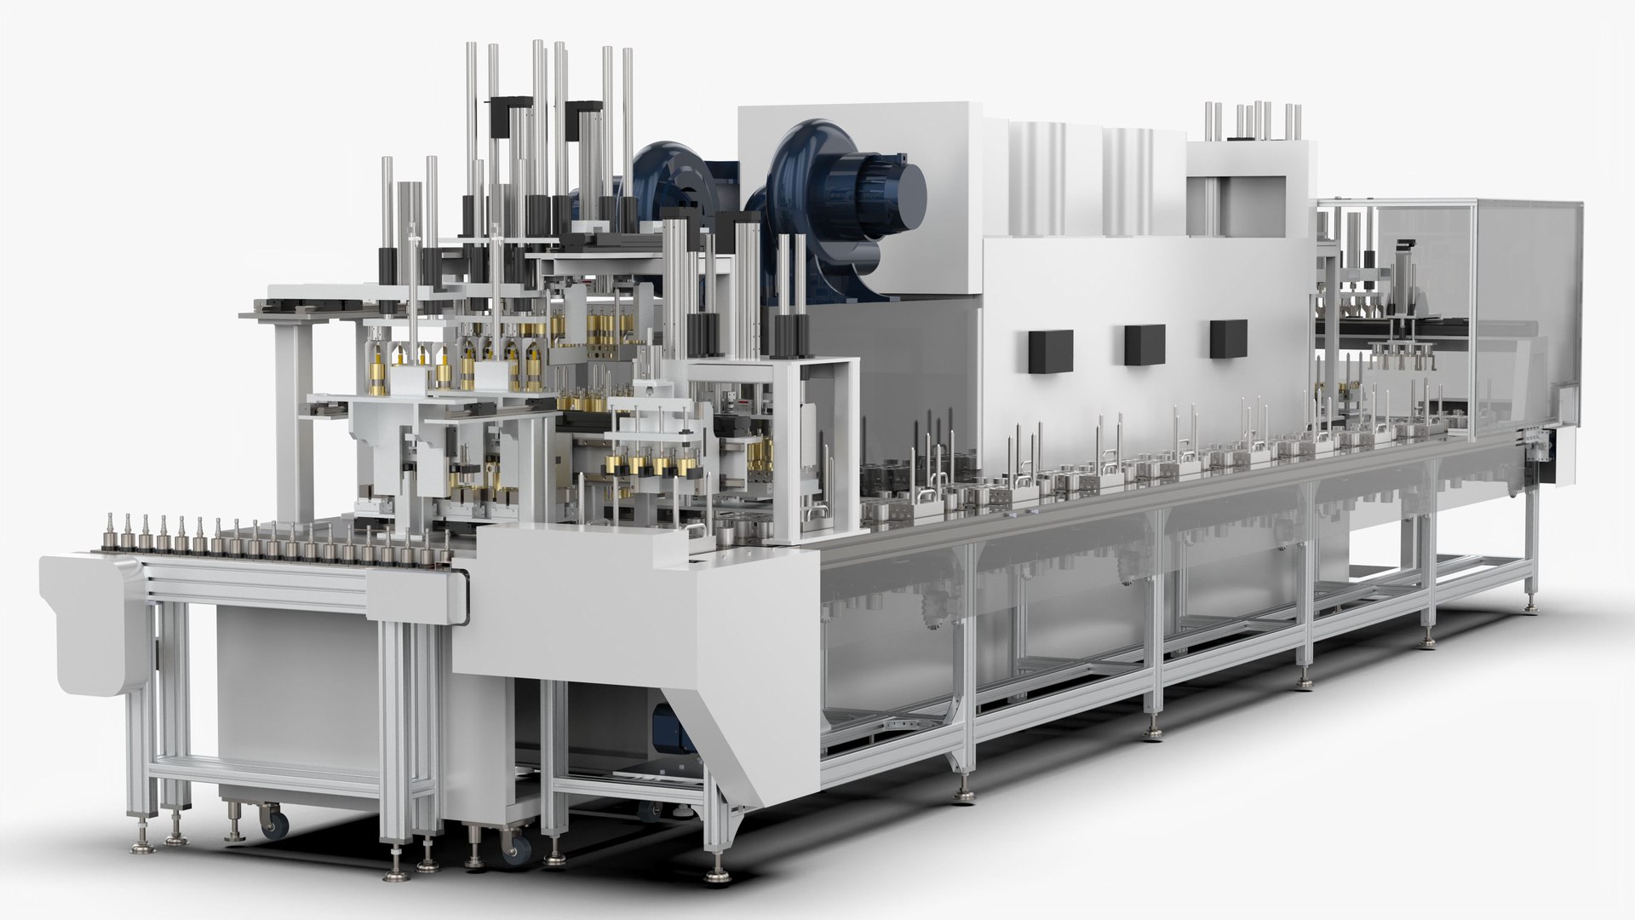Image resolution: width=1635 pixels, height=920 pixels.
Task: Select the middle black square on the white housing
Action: [1144, 343]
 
